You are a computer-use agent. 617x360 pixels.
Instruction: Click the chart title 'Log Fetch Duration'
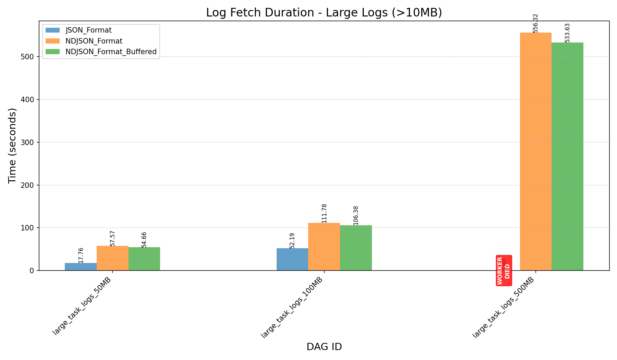[x=324, y=13]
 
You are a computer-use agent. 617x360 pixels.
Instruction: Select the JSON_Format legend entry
[x=88, y=30]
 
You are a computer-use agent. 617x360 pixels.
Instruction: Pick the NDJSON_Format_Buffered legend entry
[x=111, y=52]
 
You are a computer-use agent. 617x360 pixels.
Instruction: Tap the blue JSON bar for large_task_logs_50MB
[x=81, y=267]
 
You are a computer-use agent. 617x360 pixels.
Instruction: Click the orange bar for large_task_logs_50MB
[x=112, y=258]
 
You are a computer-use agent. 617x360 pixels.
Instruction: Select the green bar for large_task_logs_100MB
[x=356, y=248]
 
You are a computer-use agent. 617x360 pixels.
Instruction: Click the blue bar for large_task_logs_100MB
[x=292, y=260]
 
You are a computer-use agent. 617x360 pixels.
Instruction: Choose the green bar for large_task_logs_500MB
[x=567, y=156]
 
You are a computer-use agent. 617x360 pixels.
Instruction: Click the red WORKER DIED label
[x=504, y=271]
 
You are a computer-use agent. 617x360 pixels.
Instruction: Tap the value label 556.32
[x=536, y=23]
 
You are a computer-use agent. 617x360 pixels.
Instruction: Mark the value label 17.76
[x=81, y=255]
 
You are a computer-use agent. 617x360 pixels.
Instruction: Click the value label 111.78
[x=324, y=213]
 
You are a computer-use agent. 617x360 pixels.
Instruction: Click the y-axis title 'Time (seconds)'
[x=12, y=146]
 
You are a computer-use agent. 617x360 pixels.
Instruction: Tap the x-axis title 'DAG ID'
[x=324, y=347]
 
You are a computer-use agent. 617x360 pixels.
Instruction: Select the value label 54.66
[x=144, y=240]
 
